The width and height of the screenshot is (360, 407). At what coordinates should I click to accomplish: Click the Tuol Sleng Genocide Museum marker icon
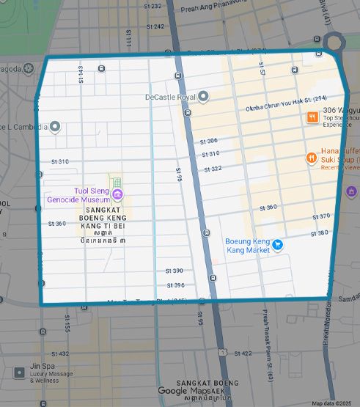117,194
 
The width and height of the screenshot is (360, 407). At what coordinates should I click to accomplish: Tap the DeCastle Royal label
171,97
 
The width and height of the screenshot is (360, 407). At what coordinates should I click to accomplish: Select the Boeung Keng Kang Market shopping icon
277,244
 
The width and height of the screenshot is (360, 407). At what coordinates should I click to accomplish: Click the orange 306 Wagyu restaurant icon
312,117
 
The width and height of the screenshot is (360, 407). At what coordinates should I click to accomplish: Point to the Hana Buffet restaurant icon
312,157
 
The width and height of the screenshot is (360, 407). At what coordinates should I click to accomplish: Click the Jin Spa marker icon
19,373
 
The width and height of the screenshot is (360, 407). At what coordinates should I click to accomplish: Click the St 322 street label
212,168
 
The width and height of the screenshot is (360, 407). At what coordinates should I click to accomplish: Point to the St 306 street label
209,140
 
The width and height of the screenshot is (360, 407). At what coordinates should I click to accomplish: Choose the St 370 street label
320,216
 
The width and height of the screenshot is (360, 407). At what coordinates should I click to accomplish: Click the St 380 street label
319,233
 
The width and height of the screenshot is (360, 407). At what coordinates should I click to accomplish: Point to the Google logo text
172,392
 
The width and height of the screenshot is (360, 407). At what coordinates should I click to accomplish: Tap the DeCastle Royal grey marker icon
205,96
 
